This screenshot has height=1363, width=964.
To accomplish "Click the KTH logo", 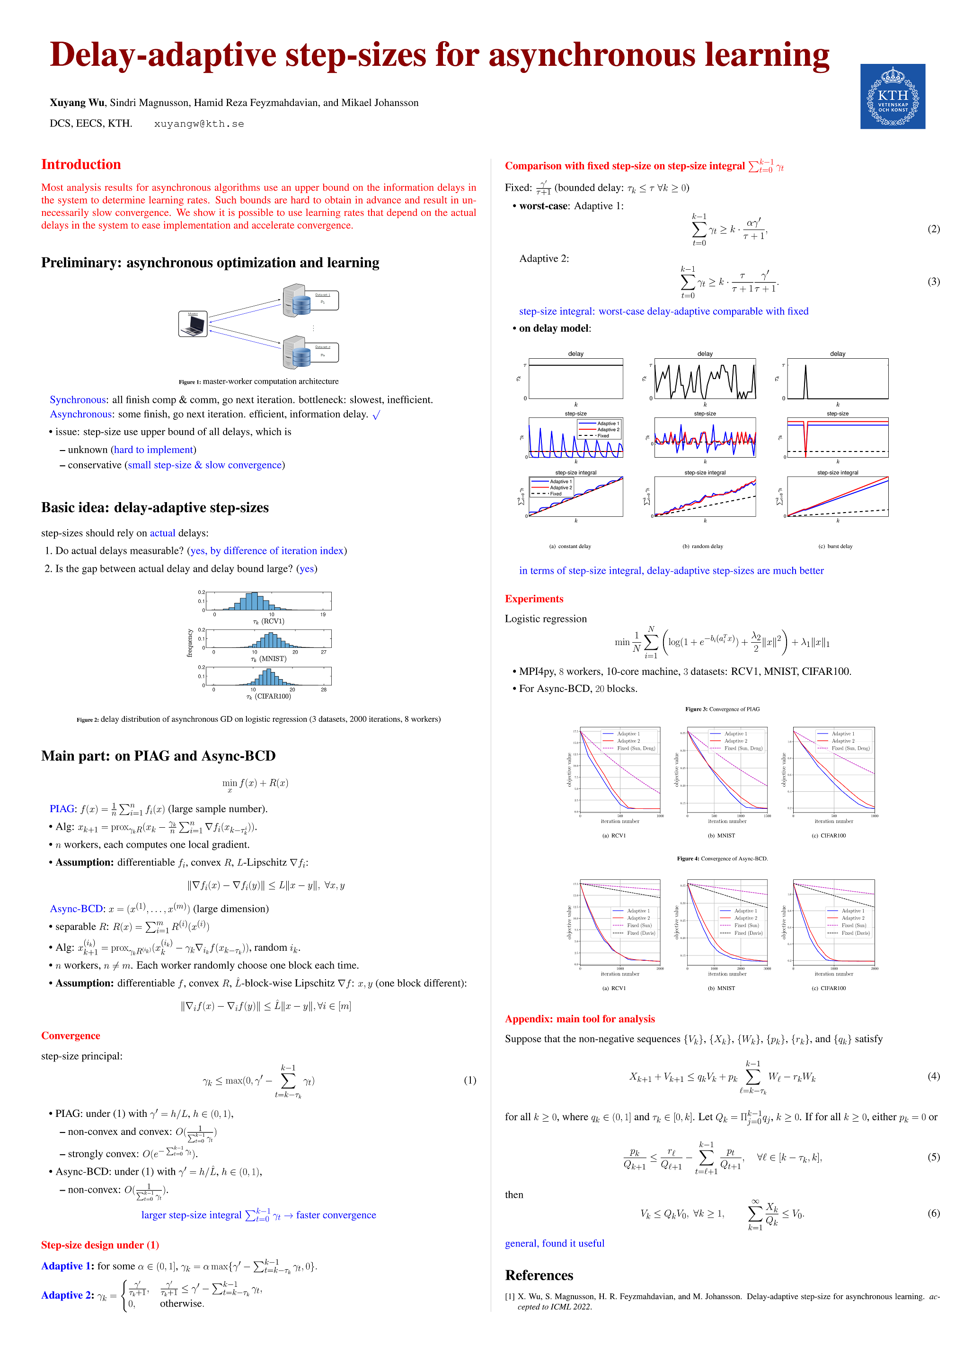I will pos(892,96).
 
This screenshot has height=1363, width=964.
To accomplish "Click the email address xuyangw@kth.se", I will pos(199,124).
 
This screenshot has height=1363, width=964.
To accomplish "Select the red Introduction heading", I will pos(81,164).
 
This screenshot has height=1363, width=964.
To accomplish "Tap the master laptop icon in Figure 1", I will pos(193,324).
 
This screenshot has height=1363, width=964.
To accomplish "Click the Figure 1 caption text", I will pos(259,382).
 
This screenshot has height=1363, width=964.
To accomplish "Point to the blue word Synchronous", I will pos(78,399).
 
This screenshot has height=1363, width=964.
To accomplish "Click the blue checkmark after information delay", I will pos(376,415).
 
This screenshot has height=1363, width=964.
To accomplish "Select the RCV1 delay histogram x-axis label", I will pos(268,621).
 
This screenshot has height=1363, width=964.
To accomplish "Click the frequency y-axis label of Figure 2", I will pos(190,643).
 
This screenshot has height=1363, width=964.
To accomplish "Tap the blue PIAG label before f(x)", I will pos(62,808).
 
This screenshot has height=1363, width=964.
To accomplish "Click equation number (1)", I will pos(469,1080).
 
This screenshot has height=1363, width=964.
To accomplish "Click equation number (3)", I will pos(933,282).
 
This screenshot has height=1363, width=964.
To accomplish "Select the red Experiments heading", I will pos(534,599).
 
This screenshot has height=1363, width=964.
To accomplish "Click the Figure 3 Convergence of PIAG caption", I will pos(722,709).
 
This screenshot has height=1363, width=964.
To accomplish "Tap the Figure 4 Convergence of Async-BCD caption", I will pos(722,859).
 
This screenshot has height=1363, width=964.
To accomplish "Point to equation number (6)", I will pos(933,1213).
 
